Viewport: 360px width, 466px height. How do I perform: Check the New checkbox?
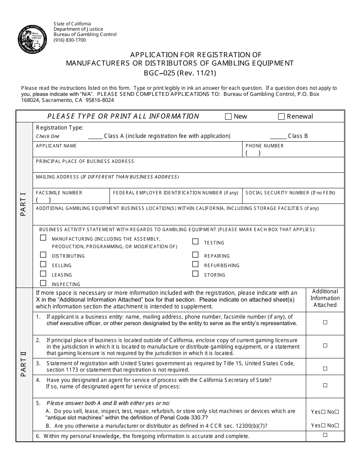[x=228, y=117]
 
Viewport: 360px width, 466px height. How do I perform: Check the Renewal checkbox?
[x=281, y=117]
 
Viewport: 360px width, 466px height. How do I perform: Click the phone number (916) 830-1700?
[x=70, y=40]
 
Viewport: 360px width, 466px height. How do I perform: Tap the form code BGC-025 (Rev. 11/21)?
[x=180, y=73]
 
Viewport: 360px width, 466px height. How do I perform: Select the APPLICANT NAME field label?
[x=56, y=146]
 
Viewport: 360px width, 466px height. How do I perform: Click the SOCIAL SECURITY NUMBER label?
[x=290, y=193]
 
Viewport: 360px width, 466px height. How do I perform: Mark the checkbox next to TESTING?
[x=195, y=242]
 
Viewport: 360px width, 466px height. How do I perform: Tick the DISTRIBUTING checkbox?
[x=43, y=255]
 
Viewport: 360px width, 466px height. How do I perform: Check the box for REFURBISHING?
[x=195, y=264]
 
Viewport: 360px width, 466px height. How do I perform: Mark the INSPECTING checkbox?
[x=43, y=283]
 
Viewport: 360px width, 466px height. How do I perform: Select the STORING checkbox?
[x=195, y=274]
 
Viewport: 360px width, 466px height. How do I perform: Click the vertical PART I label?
[x=24, y=205]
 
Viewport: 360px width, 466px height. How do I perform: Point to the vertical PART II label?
[x=24, y=364]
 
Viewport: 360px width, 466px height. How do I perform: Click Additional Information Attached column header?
[x=325, y=298]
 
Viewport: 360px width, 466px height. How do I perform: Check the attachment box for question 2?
[x=325, y=346]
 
